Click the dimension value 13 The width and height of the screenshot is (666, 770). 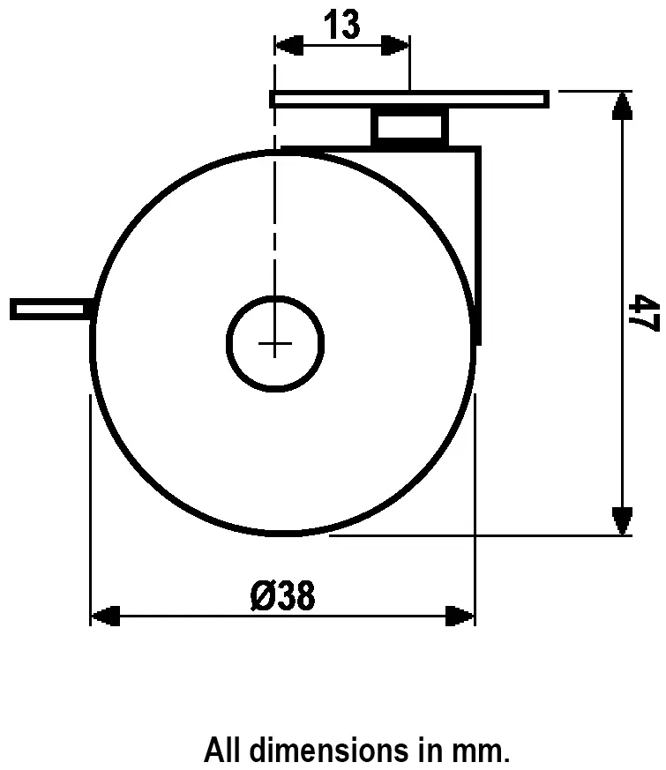[x=342, y=26]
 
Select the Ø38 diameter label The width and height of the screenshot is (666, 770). [x=282, y=597]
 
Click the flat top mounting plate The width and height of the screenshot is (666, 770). [x=409, y=98]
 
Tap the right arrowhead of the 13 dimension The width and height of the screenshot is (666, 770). [x=396, y=46]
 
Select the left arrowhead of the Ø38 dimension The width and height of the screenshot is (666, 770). [x=106, y=615]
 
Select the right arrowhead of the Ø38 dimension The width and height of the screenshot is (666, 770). [x=460, y=615]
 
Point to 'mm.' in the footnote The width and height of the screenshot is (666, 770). [x=483, y=751]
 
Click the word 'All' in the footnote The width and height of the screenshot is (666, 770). [x=224, y=751]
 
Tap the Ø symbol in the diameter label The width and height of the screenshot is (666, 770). [x=261, y=597]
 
